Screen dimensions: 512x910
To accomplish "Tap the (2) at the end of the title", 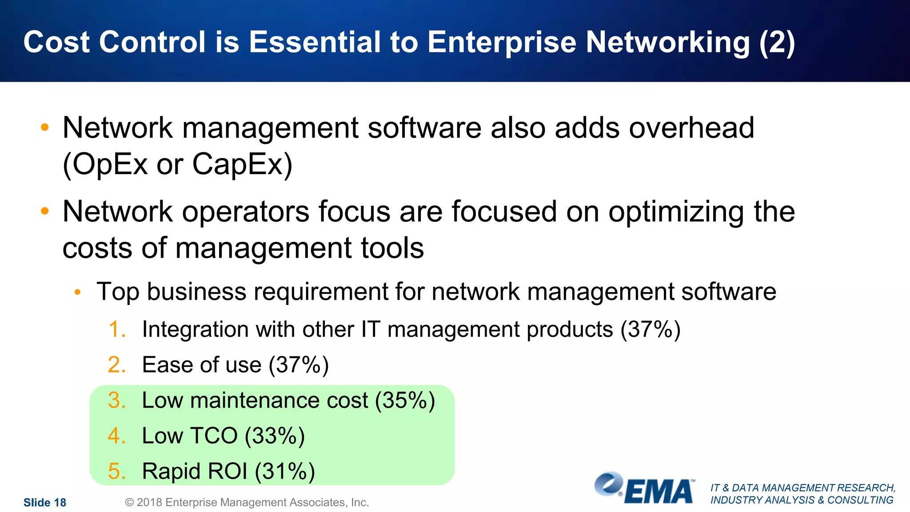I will click(x=777, y=43).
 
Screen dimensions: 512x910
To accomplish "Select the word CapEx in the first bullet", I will click(x=242, y=164).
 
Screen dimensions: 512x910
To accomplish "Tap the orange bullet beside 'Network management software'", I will click(x=44, y=128).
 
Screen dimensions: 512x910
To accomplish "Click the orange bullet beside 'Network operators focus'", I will click(x=44, y=211).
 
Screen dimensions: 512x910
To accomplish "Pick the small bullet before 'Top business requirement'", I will click(x=78, y=292).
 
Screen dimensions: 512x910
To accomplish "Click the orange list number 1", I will click(x=116, y=329).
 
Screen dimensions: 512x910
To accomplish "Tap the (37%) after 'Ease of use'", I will click(x=299, y=365).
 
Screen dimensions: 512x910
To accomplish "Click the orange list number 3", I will click(x=116, y=400).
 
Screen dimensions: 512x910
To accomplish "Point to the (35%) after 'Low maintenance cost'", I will click(x=405, y=400).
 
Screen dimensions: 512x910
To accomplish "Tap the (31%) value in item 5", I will click(x=285, y=471).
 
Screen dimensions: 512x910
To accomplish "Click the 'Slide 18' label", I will click(x=44, y=503).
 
